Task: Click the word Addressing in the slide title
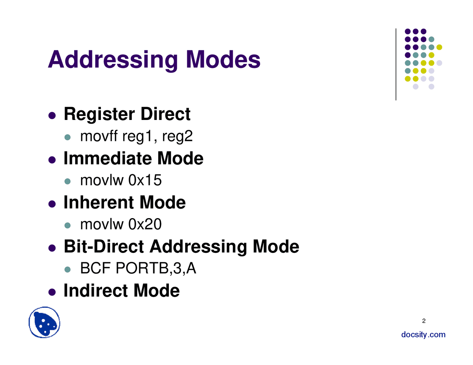point(113,60)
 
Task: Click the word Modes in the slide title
point(223,60)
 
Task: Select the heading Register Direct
point(127,114)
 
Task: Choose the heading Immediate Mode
point(133,158)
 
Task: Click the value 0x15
point(145,180)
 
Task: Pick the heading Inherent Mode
point(125,203)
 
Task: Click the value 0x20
point(145,224)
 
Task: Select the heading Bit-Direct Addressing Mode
point(181,247)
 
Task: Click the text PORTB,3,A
point(156,268)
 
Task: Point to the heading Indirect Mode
point(122,290)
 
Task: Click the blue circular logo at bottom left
point(44,323)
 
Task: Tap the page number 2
point(424,321)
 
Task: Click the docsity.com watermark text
point(423,335)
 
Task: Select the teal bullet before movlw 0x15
point(67,181)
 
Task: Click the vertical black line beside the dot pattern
point(396,65)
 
